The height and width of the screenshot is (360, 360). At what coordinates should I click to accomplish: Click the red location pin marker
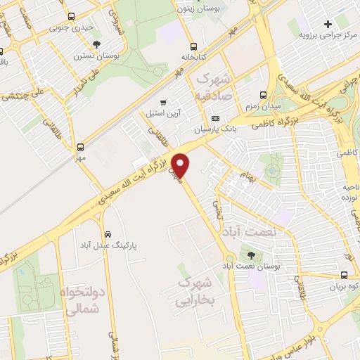181,165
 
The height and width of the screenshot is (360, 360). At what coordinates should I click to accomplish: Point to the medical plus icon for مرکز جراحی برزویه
328,24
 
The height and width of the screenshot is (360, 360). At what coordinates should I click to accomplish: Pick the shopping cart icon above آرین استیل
164,102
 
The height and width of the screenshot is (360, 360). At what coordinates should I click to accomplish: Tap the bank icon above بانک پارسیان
215,118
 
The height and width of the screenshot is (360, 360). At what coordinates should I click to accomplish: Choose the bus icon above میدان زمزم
263,95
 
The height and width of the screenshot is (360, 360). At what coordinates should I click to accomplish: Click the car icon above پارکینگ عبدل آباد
108,234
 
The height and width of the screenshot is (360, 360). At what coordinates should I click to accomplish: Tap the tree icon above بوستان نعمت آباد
252,255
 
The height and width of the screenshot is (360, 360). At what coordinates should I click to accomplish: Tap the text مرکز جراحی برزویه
323,34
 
